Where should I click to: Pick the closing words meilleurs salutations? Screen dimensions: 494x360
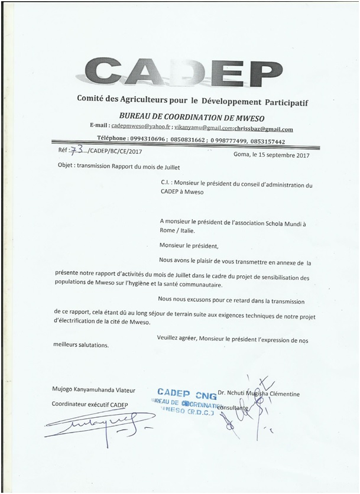[81, 345]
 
